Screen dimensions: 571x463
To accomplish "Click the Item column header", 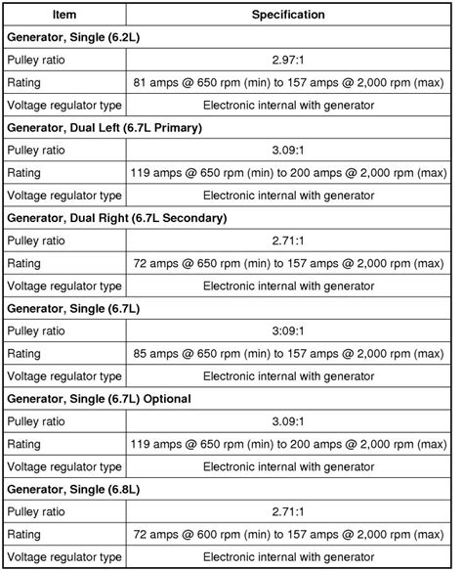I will [x=64, y=15].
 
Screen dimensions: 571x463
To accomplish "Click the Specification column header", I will [x=288, y=15].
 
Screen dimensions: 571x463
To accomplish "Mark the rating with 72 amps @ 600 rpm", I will [x=288, y=533].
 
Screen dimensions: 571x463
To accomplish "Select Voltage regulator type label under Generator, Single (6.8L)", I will [x=64, y=555].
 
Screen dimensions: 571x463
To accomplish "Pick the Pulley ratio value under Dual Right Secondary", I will [x=288, y=240].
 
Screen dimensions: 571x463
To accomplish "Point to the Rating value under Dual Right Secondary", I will [x=288, y=262].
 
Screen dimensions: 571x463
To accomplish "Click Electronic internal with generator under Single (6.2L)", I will [x=288, y=105].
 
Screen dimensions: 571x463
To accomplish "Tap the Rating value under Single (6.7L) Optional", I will [x=288, y=443].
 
